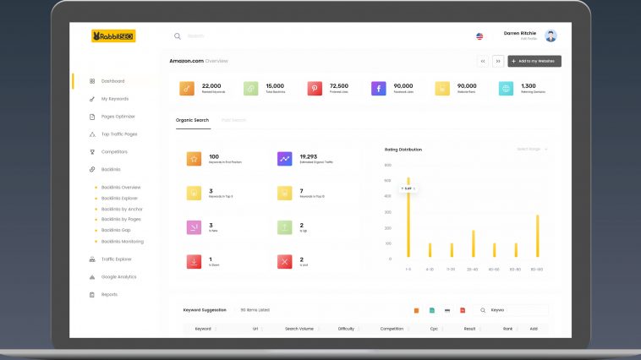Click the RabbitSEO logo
coord(113,36)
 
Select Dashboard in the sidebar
coord(112,81)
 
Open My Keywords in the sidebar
coord(115,99)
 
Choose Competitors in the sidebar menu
coord(114,152)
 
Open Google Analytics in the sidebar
coord(118,277)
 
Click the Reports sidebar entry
coord(109,295)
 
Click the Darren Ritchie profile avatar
coord(551,36)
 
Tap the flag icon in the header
coord(479,36)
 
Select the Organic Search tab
coord(192,120)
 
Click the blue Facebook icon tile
coord(378,88)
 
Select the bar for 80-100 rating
coord(537,236)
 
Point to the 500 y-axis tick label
coord(388,181)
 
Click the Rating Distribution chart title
coord(403,150)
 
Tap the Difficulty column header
coord(346,329)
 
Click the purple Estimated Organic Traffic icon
coord(285,159)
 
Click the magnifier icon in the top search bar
coord(178,36)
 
